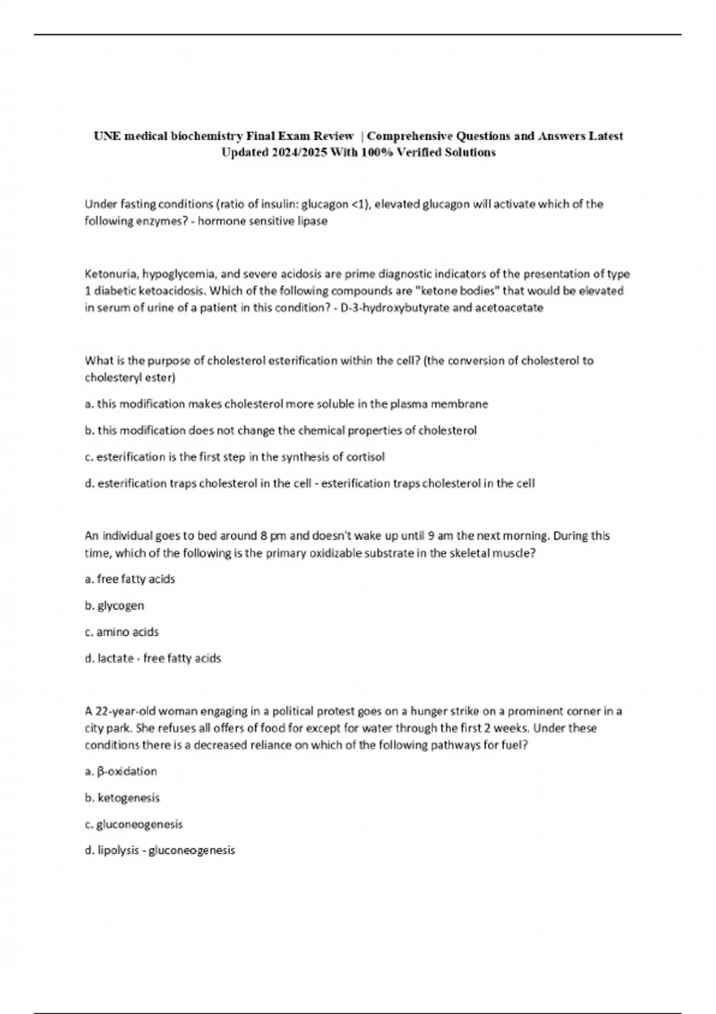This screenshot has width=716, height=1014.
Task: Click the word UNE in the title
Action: coord(106,136)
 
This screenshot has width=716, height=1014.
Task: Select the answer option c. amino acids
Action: coord(122,632)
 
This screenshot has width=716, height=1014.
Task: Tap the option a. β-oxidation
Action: coord(121,771)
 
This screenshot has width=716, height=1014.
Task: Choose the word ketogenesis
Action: coord(129,797)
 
